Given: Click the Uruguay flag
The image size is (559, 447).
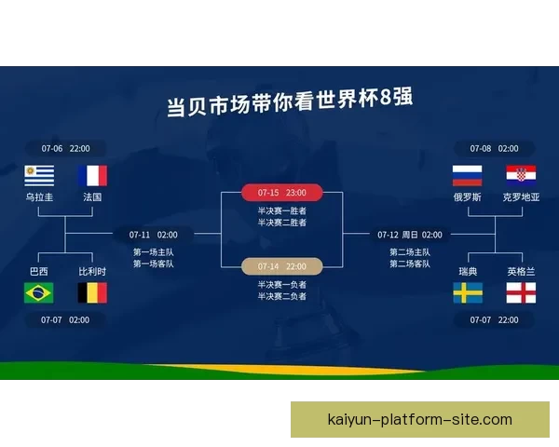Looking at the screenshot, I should pyautogui.click(x=39, y=175).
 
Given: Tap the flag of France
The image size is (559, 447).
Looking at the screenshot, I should pyautogui.click(x=92, y=175).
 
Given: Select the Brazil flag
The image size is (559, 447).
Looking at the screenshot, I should pyautogui.click(x=39, y=293).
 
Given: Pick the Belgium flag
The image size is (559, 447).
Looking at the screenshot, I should pyautogui.click(x=92, y=293).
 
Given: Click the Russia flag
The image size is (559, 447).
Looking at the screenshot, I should pyautogui.click(x=467, y=175).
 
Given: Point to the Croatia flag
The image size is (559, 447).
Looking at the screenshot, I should pyautogui.click(x=521, y=175).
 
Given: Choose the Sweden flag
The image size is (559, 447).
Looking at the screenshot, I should pyautogui.click(x=467, y=293).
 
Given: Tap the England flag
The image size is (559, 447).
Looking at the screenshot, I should pyautogui.click(x=521, y=293).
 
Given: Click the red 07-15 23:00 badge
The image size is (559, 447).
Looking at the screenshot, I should pyautogui.click(x=282, y=193).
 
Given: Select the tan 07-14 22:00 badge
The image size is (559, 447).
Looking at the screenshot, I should pyautogui.click(x=282, y=266).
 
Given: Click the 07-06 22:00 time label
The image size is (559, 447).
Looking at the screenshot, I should pyautogui.click(x=65, y=148).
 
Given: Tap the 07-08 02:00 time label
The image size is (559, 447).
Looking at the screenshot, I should pyautogui.click(x=494, y=148).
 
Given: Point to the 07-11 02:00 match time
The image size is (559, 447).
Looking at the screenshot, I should pyautogui.click(x=154, y=235).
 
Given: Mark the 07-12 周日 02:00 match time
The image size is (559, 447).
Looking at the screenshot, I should pyautogui.click(x=410, y=235).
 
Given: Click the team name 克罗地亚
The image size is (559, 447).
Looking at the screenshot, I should pyautogui.click(x=521, y=197).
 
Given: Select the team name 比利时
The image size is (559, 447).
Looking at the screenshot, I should pyautogui.click(x=92, y=271).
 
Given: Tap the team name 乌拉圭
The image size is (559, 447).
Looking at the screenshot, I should pyautogui.click(x=39, y=197).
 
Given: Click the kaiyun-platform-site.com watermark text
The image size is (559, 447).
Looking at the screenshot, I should pyautogui.click(x=420, y=420).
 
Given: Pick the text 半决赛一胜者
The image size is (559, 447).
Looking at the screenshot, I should pyautogui.click(x=282, y=211).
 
